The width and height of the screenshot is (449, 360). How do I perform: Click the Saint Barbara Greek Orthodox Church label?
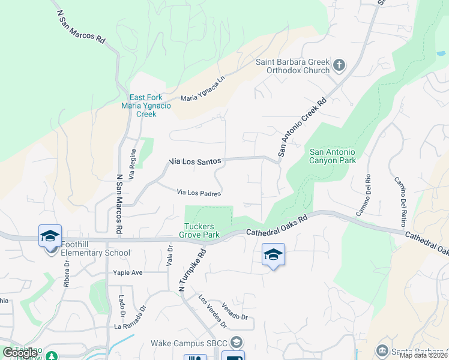point(293,66)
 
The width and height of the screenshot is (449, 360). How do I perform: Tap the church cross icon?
point(339,65)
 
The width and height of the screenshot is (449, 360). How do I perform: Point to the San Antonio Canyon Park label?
point(333,156)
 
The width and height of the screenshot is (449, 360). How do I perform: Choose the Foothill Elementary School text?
point(95,253)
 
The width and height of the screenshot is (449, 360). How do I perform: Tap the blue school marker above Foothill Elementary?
point(50,236)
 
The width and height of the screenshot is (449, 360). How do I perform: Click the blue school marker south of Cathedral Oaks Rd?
point(273,254)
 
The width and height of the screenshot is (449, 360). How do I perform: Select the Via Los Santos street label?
point(196,161)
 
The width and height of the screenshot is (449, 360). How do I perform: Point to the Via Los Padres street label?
point(199,193)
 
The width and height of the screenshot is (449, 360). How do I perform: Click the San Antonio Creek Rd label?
point(301,128)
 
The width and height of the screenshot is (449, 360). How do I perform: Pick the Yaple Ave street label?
point(128,272)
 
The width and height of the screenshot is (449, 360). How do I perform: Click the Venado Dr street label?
point(234,311)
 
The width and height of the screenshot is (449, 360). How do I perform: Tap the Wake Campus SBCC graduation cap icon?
point(237,342)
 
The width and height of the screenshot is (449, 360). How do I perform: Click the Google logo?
point(20,353)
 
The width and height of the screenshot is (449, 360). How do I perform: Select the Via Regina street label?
point(133,161)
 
